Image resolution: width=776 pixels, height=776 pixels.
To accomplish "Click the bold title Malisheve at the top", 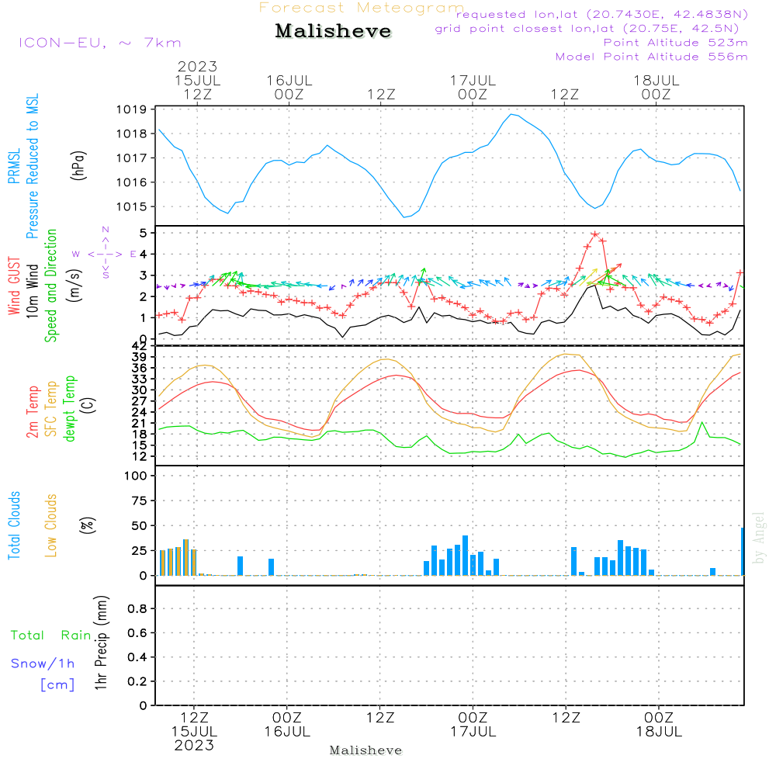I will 333,32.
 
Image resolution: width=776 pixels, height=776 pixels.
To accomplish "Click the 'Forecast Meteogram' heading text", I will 362,8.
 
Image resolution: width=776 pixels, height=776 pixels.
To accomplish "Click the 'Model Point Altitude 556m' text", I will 652,57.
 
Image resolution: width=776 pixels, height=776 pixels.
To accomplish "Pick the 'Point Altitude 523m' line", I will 675,43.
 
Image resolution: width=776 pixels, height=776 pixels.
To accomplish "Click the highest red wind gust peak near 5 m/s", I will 595,234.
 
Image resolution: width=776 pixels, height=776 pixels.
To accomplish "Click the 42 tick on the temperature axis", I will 140,346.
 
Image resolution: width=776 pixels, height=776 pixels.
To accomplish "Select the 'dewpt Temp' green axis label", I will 70,409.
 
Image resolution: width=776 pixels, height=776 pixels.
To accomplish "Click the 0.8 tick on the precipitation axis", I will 137,609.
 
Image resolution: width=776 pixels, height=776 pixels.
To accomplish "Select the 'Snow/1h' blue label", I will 43,663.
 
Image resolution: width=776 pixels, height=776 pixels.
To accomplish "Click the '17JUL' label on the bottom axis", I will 473,731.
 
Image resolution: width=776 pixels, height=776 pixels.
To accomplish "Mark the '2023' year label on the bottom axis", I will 194,745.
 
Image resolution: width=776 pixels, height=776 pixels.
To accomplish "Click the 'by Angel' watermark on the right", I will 760,538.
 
